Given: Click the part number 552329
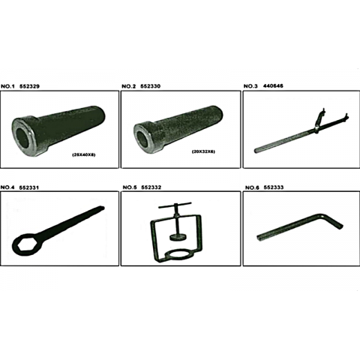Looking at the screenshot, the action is click(29, 86).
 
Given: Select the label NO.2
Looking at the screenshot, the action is click(128, 86).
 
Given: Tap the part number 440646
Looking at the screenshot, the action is click(273, 86).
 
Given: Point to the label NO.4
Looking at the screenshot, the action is click(7, 187).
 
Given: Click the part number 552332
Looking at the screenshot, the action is click(151, 187).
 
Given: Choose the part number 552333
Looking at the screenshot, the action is click(274, 187).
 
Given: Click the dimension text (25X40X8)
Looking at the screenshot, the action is click(84, 155).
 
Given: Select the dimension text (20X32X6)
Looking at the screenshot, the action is click(203, 151).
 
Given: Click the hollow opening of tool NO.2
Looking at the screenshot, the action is click(142, 140).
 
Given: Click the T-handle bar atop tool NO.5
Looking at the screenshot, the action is click(175, 205).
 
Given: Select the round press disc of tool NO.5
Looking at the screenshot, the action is click(177, 237).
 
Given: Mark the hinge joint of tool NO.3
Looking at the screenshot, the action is click(316, 128).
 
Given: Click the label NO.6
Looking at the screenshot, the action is click(252, 187).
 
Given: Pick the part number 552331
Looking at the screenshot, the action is click(29, 187).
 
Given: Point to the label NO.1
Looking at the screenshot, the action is click(7, 86).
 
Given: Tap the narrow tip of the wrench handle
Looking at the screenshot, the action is click(102, 208).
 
